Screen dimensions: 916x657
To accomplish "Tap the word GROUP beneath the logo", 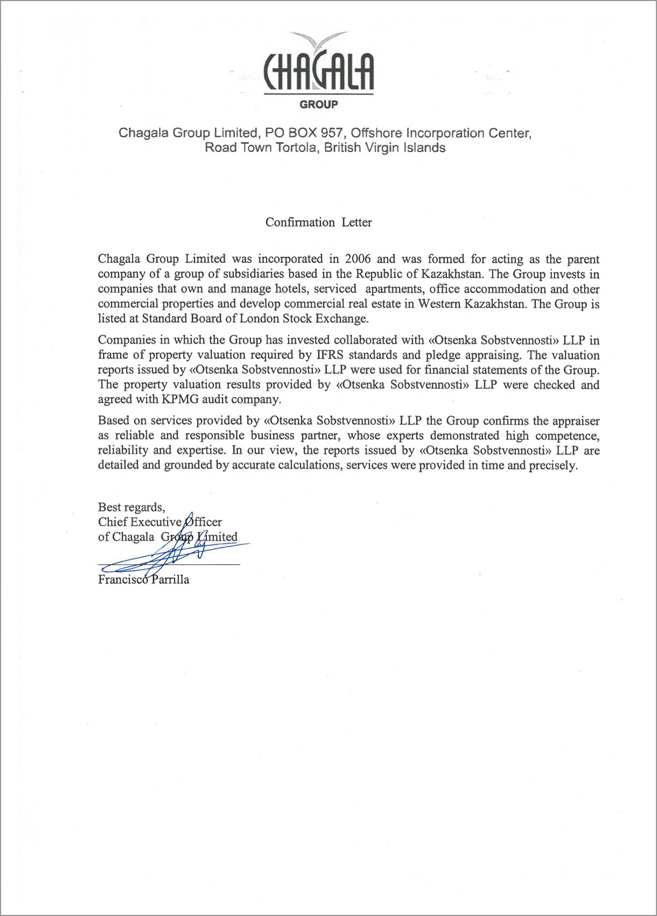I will tap(319, 104).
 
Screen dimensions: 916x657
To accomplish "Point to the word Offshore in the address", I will tap(377, 133).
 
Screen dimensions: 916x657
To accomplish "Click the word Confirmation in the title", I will tap(300, 222).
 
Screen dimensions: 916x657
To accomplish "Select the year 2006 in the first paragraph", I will tap(357, 259).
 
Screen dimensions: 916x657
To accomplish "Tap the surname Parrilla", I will tap(170, 580).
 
